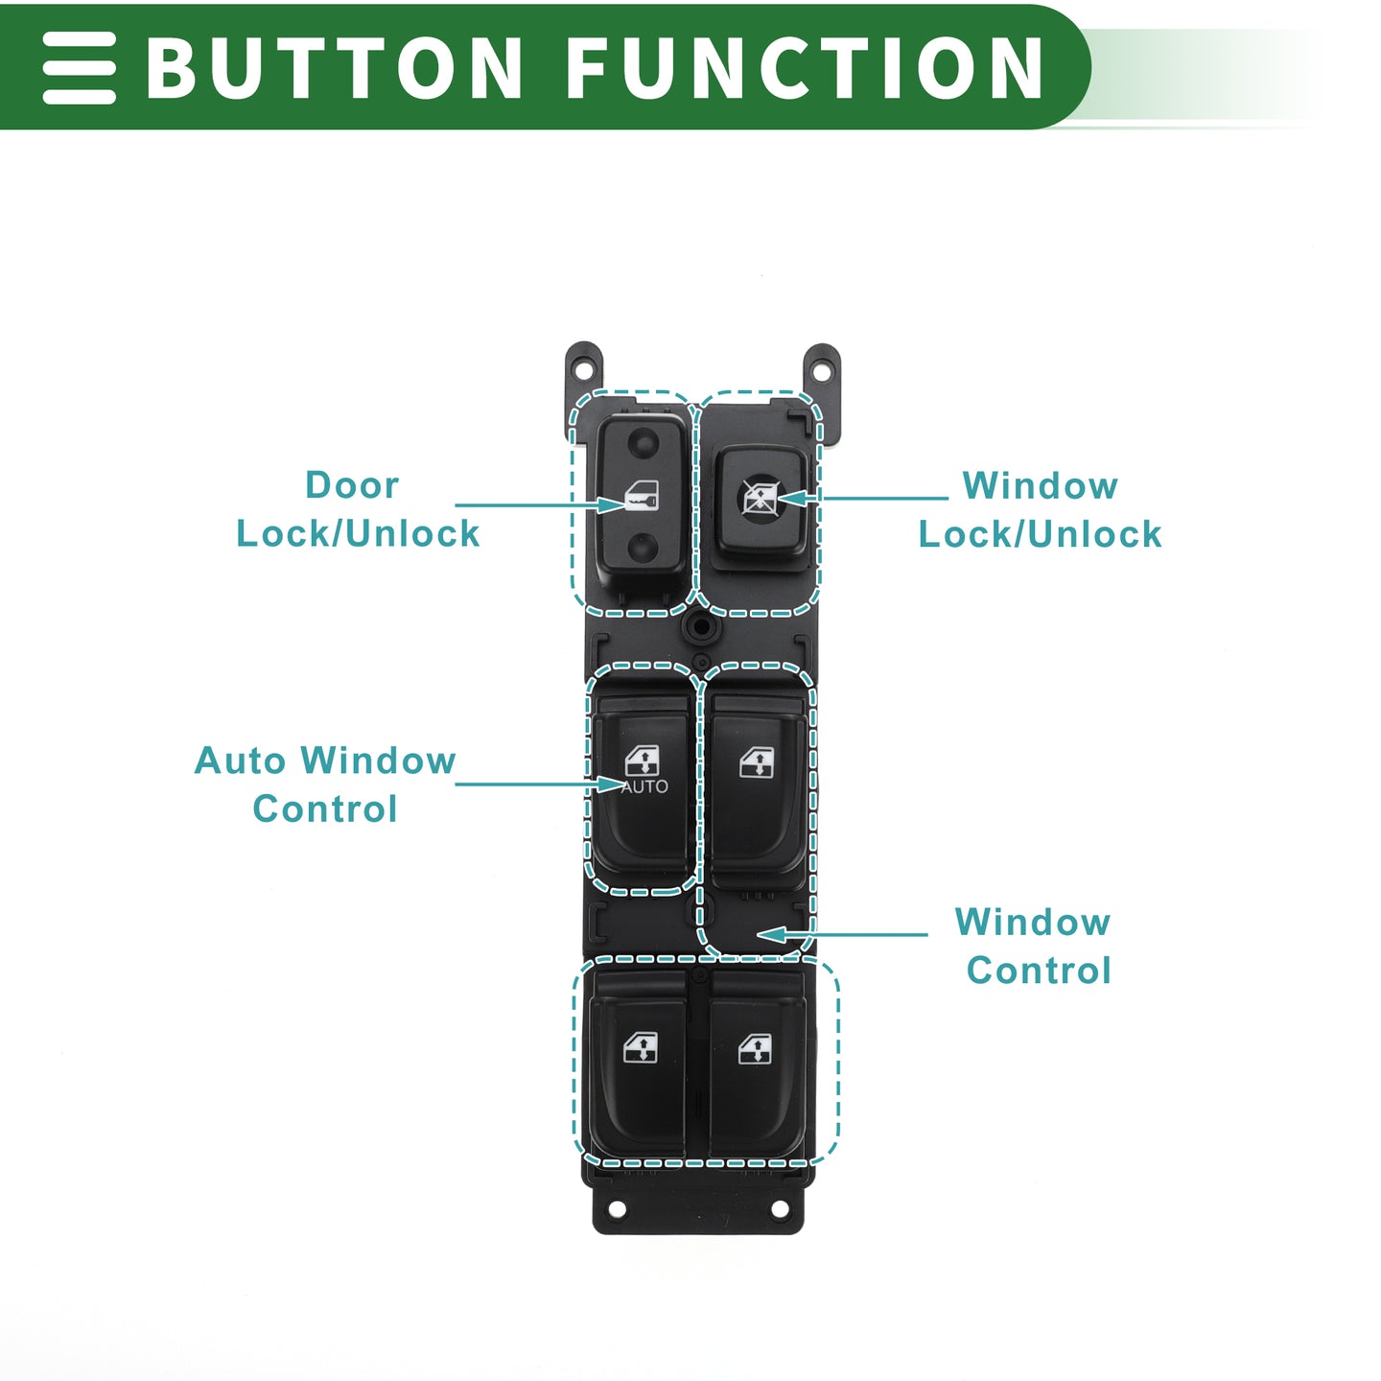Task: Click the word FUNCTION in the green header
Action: (804, 67)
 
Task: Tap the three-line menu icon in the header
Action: (79, 67)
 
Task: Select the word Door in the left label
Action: (352, 485)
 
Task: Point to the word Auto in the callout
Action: (240, 761)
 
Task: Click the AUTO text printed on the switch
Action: (644, 787)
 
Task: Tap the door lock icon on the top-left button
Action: (642, 495)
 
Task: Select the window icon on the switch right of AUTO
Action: (756, 762)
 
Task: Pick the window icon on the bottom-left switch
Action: (641, 1047)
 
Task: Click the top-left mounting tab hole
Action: (584, 370)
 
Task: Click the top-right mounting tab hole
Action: (822, 373)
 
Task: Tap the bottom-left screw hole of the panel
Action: (617, 1209)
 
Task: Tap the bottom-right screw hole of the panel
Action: (780, 1209)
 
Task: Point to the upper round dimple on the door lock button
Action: (644, 443)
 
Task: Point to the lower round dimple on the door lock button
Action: (643, 548)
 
